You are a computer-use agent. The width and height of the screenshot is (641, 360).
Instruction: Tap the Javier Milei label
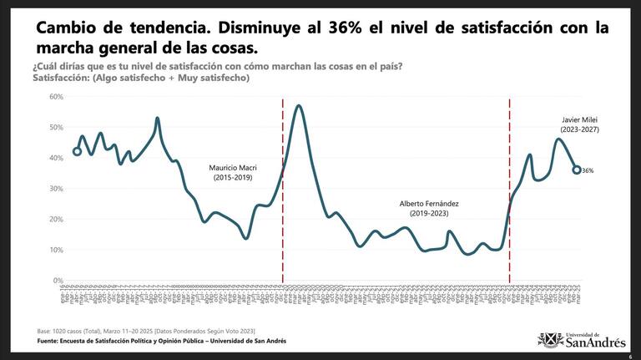pyautogui.click(x=579, y=124)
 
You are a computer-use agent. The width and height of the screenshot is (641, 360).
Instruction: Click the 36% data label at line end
pyautogui.click(x=588, y=170)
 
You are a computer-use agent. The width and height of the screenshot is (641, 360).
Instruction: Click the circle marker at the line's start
pyautogui.click(x=77, y=151)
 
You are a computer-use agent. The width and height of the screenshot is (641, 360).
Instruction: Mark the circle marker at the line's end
pyautogui.click(x=576, y=170)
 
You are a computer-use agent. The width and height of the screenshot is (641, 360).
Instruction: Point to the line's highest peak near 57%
pyautogui.click(x=299, y=106)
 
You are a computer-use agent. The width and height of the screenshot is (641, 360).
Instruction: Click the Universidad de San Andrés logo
pyautogui.click(x=582, y=338)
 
